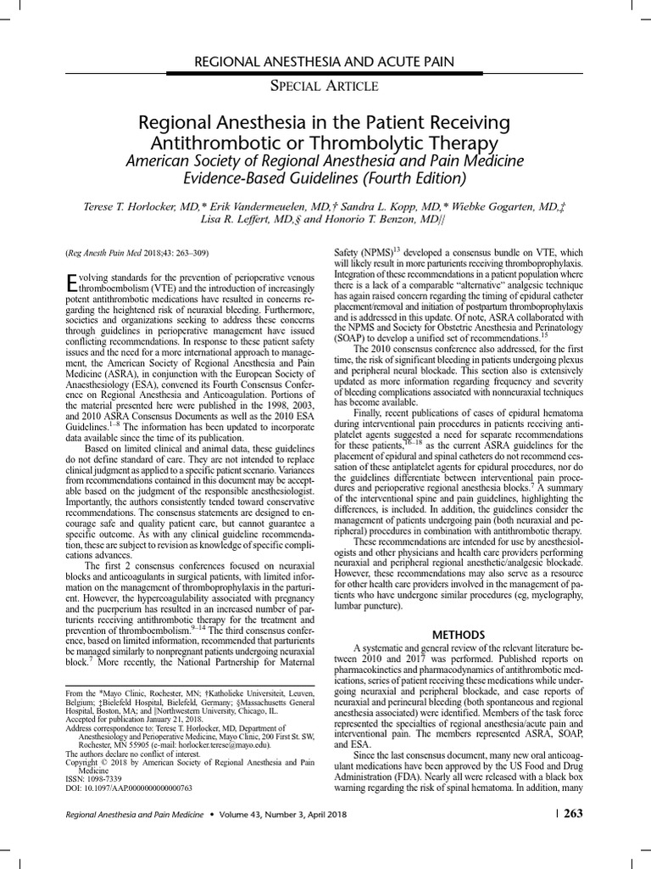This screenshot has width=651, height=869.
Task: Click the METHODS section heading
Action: click(x=459, y=634)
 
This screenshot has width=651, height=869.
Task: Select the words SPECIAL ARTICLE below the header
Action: click(x=325, y=86)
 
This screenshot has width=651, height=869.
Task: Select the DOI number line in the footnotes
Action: click(x=129, y=788)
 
